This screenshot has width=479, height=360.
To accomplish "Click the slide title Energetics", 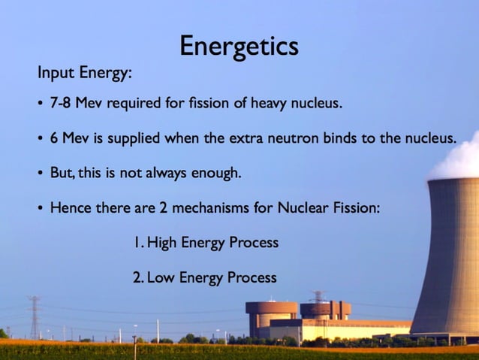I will [x=239, y=47].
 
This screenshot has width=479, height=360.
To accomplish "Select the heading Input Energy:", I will [x=85, y=74].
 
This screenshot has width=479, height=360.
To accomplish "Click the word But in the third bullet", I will [x=61, y=173].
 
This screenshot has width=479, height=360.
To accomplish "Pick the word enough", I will [x=215, y=174].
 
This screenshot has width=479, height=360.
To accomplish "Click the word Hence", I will [x=69, y=207].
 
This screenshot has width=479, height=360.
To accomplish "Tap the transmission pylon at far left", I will [x=34, y=316].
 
